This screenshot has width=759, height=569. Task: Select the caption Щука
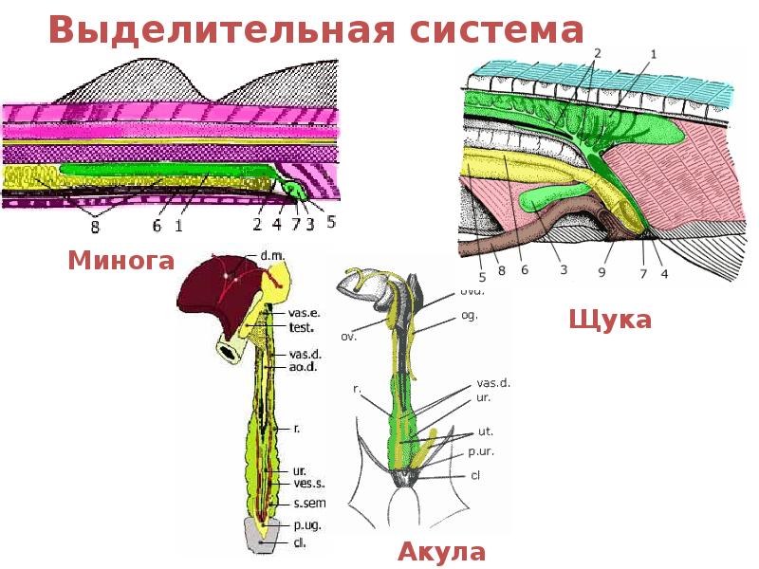pos(610,320)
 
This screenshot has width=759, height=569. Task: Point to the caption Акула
pos(441,552)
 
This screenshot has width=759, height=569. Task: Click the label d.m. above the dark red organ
pos(270,256)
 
